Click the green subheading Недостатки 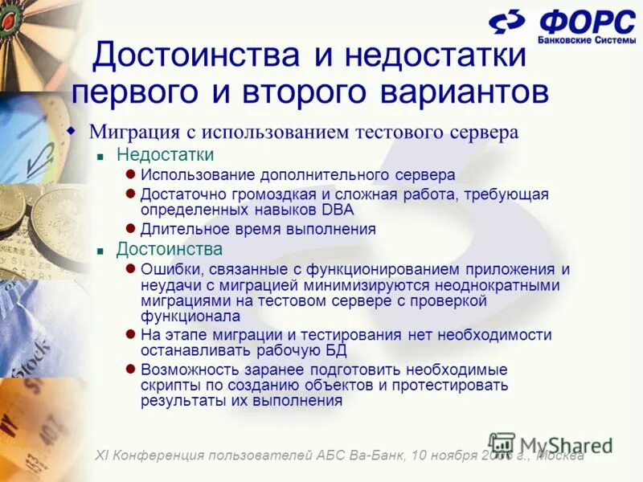tap(165, 154)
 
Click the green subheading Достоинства tap(170, 249)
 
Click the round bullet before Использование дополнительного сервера tap(130, 174)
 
